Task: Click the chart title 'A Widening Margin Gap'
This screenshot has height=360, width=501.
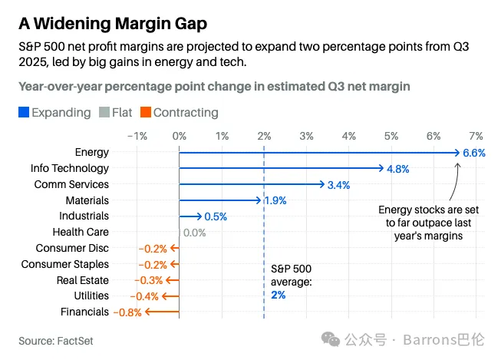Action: [113, 24]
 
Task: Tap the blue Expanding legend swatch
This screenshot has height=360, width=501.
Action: [24, 112]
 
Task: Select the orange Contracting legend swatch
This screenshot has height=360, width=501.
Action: [145, 112]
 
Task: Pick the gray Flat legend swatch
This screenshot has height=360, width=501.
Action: [104, 112]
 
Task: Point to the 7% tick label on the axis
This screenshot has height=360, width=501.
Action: [476, 136]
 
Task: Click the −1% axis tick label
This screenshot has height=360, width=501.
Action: [137, 136]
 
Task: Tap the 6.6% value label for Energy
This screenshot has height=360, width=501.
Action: [474, 153]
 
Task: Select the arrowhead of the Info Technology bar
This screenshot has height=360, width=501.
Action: [381, 168]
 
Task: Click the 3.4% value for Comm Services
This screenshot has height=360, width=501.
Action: [338, 185]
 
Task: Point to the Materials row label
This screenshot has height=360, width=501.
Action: [87, 200]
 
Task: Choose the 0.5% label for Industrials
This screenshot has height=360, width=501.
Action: [216, 216]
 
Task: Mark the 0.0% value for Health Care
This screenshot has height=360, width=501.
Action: [195, 233]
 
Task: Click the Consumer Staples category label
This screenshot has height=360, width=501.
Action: [65, 264]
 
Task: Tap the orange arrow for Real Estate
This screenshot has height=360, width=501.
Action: [173, 280]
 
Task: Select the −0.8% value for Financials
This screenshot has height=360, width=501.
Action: [127, 312]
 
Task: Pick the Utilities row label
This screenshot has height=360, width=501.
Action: [91, 296]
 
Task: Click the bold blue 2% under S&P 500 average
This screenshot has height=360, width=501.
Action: [279, 295]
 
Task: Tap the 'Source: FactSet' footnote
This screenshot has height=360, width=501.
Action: [56, 341]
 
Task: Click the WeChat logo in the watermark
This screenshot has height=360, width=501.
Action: [331, 339]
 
